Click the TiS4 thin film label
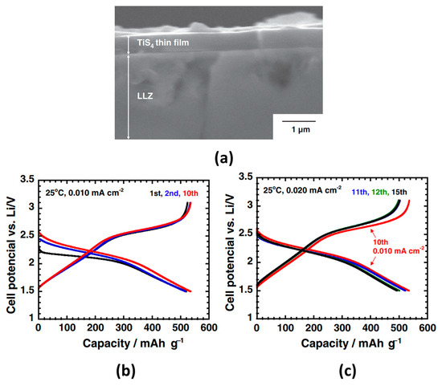click(163, 43)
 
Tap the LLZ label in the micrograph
click(145, 96)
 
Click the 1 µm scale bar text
click(301, 129)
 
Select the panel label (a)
click(224, 159)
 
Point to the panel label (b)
click(125, 371)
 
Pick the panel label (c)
click(346, 371)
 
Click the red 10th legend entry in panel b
click(190, 193)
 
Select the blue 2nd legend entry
click(173, 193)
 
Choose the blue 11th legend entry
click(361, 193)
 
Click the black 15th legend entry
click(399, 193)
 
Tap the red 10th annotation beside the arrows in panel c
click(381, 242)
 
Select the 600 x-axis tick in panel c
click(428, 328)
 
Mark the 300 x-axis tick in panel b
click(124, 328)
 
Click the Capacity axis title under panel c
click(351, 343)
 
